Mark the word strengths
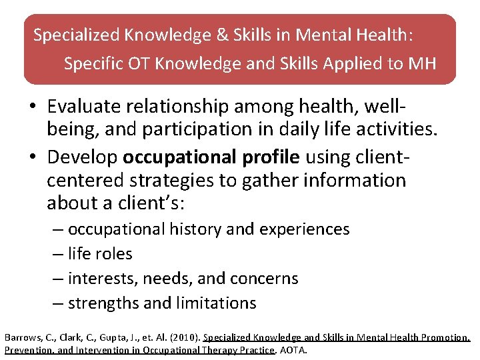point(103,303)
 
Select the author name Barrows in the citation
point(22,338)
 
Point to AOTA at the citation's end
point(293,350)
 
